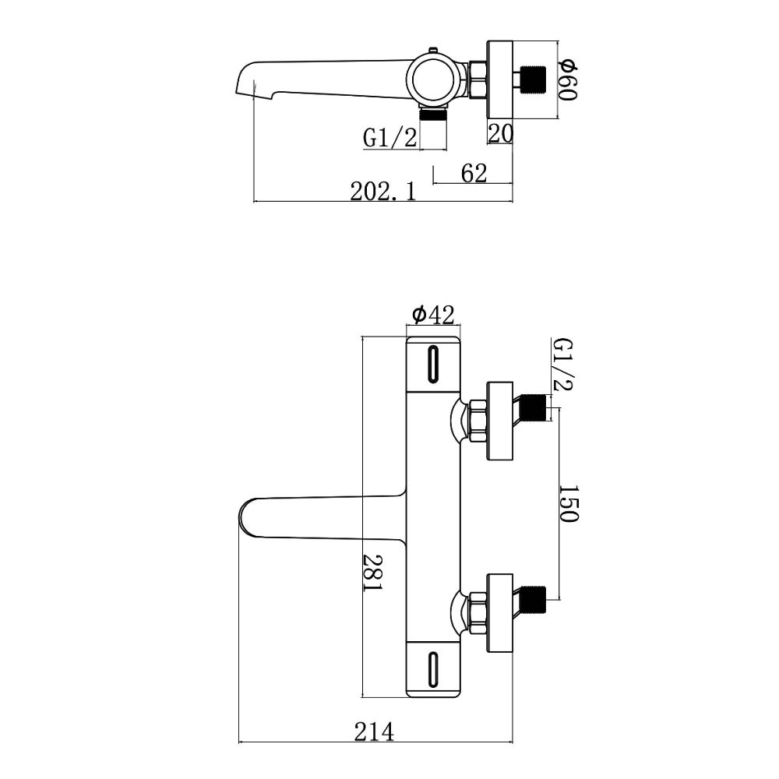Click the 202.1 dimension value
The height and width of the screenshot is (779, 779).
tap(382, 191)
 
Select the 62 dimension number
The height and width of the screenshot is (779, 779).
tap(474, 173)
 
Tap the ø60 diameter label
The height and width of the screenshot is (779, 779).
tap(567, 79)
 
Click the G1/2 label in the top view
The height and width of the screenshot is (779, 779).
tap(390, 138)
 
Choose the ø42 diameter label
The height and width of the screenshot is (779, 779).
tap(433, 314)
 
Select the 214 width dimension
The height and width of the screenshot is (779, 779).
tap(374, 733)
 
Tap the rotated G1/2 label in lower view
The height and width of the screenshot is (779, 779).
tap(562, 365)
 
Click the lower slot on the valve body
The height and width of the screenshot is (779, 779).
tap(433, 668)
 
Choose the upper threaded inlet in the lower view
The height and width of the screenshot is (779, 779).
tap(532, 407)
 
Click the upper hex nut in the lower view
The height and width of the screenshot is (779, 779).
tap(478, 419)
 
